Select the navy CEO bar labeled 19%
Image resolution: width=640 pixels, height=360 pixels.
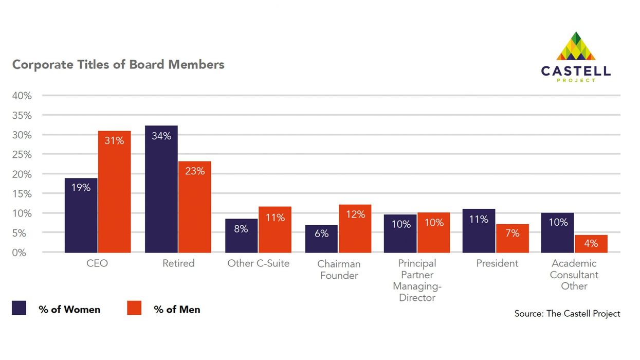(81, 215)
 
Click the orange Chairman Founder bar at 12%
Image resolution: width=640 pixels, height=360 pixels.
(355, 229)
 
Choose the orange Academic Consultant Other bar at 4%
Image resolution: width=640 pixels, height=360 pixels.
(591, 244)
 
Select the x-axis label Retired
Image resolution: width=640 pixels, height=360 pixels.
(178, 263)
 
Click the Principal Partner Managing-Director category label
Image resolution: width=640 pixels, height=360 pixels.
(417, 281)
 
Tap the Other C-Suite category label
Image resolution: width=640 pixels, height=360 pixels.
(258, 263)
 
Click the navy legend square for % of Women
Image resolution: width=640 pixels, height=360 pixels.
(19, 308)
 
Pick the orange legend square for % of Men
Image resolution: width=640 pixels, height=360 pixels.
(134, 308)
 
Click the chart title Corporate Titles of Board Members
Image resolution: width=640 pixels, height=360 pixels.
(118, 65)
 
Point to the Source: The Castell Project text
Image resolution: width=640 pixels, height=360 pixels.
(567, 313)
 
